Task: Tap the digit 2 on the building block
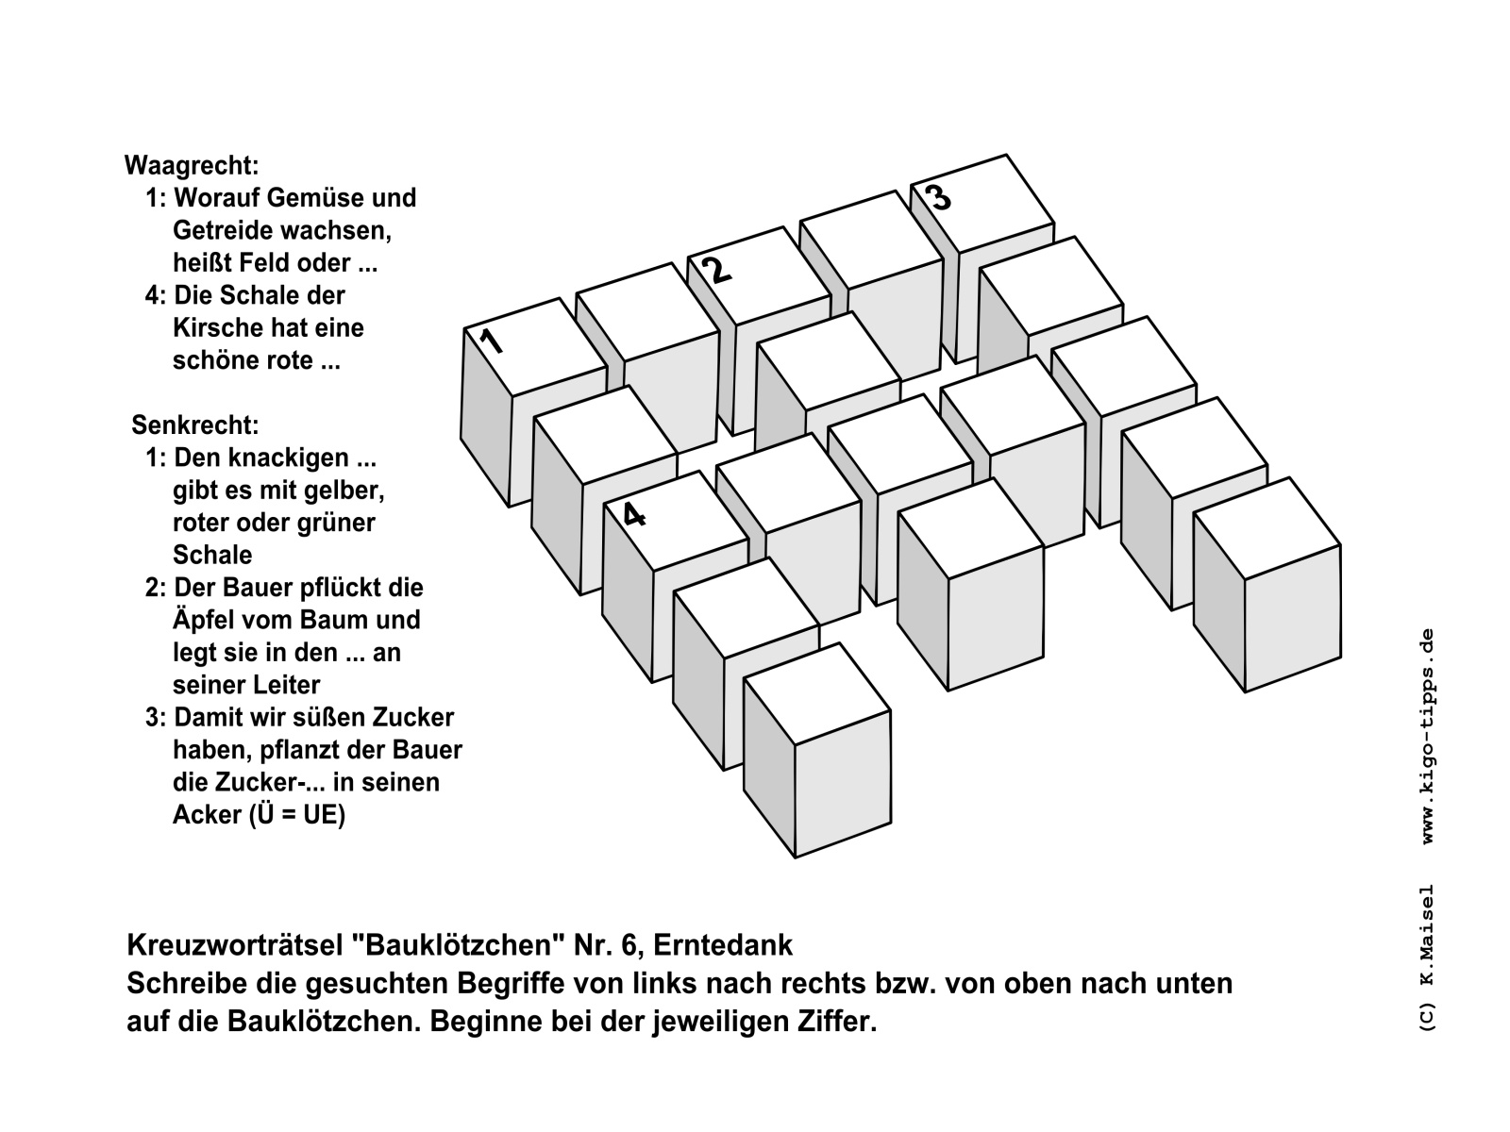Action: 718,270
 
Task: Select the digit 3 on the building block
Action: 939,197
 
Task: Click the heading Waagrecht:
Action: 192,166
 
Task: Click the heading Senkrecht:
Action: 195,425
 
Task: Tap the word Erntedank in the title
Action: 722,946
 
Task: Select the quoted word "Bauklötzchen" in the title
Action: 458,946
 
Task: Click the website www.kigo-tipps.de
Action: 1429,737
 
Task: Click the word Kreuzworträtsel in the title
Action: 235,946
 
